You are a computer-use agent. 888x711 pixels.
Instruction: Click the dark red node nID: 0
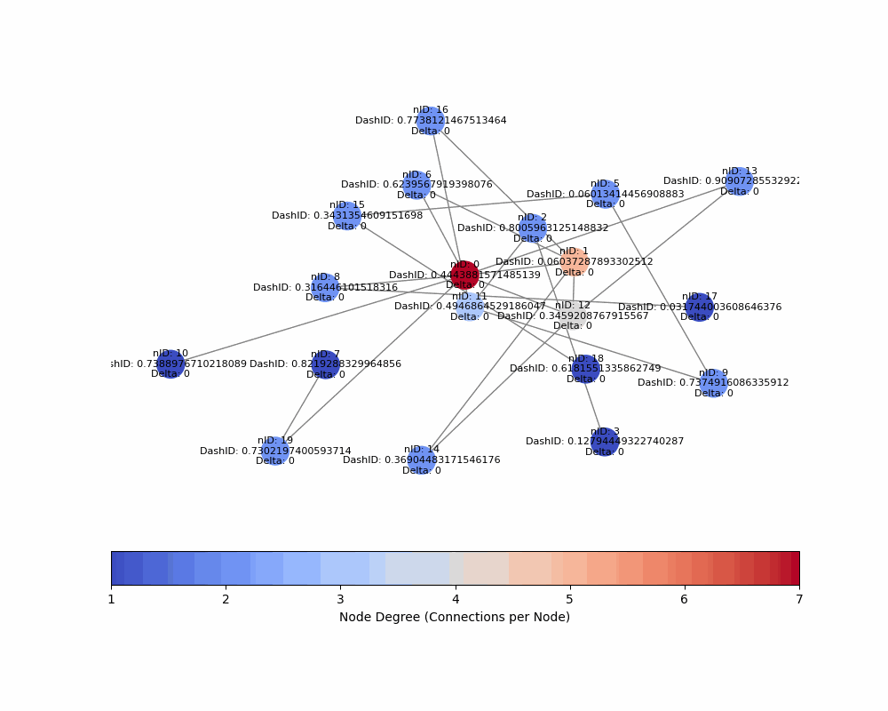click(x=464, y=276)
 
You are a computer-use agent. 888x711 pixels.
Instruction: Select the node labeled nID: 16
click(x=431, y=121)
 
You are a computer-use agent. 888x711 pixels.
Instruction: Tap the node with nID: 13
click(x=740, y=181)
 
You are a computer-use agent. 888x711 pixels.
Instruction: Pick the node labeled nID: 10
click(x=170, y=363)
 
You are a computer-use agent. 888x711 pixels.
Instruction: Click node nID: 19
click(x=275, y=451)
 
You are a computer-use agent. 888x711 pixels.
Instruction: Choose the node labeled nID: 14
click(x=422, y=460)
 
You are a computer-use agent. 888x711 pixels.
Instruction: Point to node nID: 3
click(x=605, y=442)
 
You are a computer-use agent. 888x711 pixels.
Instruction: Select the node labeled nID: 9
click(x=713, y=383)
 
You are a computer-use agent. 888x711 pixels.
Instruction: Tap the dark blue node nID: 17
click(x=700, y=308)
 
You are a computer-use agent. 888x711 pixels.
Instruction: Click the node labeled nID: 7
click(x=325, y=363)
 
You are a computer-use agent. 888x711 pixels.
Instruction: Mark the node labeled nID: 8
click(x=325, y=287)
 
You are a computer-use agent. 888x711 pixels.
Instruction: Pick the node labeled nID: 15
click(x=347, y=216)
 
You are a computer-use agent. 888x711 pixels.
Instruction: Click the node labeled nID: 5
click(x=605, y=194)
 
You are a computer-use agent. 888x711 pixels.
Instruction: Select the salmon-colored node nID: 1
click(x=575, y=262)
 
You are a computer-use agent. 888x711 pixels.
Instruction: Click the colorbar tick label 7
click(x=798, y=600)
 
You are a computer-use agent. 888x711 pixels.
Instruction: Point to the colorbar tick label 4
click(x=456, y=600)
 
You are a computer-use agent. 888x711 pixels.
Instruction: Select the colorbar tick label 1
click(x=112, y=600)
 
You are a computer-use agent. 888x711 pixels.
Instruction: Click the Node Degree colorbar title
click(x=455, y=617)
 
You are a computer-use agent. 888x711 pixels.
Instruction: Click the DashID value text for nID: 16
click(x=431, y=121)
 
